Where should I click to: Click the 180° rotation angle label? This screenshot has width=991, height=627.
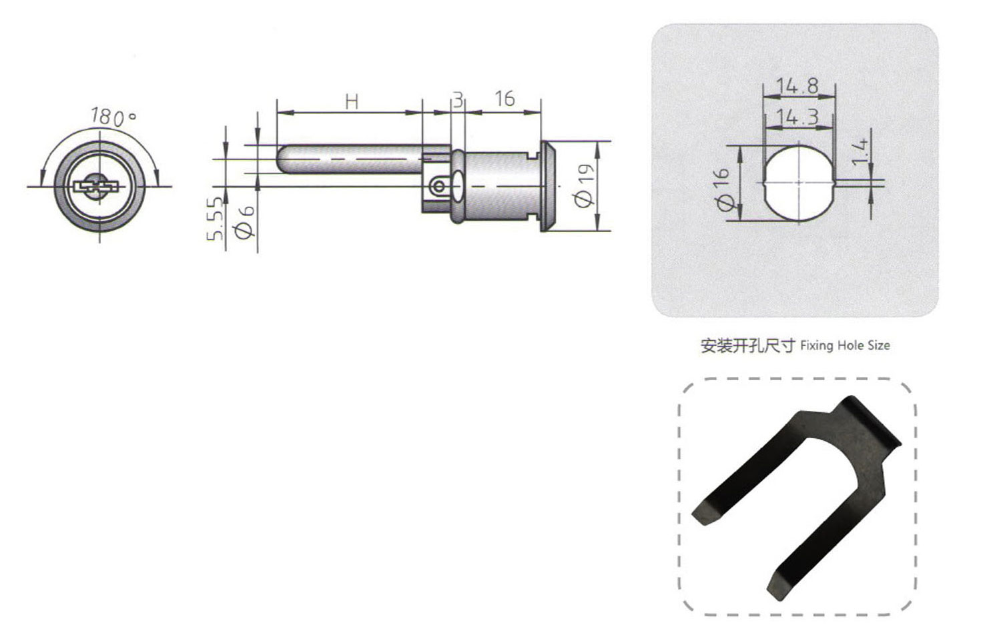[113, 117]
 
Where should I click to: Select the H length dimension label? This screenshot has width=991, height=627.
[352, 101]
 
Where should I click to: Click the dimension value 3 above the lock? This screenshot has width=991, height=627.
[458, 100]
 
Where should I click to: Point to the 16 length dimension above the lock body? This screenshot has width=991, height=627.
[505, 99]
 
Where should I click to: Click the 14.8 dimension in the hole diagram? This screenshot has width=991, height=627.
[797, 85]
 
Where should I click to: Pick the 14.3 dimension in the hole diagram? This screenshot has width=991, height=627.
[797, 117]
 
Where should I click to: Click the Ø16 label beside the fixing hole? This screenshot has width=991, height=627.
[723, 189]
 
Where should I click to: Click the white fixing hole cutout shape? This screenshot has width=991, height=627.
[798, 181]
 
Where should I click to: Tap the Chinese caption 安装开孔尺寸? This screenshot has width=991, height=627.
[747, 346]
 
